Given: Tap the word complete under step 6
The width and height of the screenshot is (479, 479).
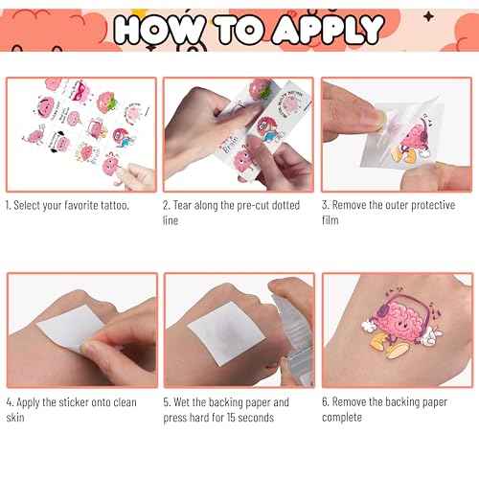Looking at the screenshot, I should (x=343, y=418).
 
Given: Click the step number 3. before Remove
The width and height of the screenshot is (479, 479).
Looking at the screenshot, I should (x=326, y=206).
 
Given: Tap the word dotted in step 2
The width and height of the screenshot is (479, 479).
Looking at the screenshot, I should (x=283, y=206).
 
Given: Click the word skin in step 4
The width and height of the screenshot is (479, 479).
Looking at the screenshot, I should (x=16, y=418).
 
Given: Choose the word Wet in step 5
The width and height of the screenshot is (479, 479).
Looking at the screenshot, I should (x=186, y=402).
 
